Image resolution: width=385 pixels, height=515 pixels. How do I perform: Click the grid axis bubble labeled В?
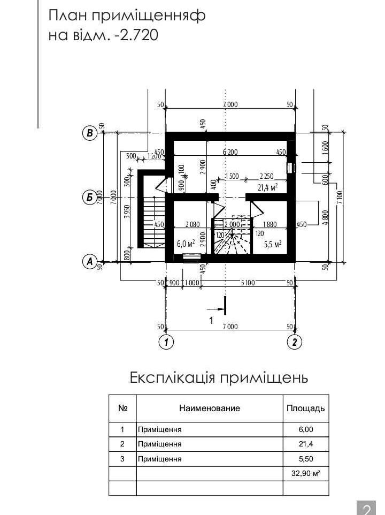[x=89, y=133]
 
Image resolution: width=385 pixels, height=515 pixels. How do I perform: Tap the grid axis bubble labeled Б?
[x=89, y=198]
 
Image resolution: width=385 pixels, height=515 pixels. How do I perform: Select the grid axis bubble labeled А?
[x=89, y=262]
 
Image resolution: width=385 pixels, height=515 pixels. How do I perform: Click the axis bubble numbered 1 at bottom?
[x=166, y=342]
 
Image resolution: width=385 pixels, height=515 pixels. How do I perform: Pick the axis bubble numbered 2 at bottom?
[x=294, y=342]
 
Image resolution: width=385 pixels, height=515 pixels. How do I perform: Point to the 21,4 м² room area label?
[x=267, y=187]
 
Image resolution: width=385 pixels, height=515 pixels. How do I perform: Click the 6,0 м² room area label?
[x=186, y=244]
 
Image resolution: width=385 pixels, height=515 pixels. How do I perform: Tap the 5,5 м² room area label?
[x=273, y=244]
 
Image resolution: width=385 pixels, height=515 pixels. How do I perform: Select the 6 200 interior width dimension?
[x=230, y=152]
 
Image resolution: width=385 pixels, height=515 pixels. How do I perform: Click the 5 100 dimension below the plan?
[x=248, y=283]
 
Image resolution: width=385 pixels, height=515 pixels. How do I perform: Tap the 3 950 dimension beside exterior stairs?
[x=128, y=213]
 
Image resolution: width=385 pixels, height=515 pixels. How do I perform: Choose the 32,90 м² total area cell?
[x=306, y=473]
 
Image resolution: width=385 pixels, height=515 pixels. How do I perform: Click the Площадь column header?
[x=306, y=408]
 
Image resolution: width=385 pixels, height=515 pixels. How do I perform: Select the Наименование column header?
[x=210, y=408]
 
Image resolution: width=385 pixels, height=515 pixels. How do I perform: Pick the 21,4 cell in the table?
[x=306, y=444]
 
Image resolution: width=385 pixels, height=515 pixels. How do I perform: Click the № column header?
[x=122, y=408]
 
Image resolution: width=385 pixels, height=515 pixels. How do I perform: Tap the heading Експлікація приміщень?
[x=219, y=378]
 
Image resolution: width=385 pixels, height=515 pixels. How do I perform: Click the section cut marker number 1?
[x=211, y=320]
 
